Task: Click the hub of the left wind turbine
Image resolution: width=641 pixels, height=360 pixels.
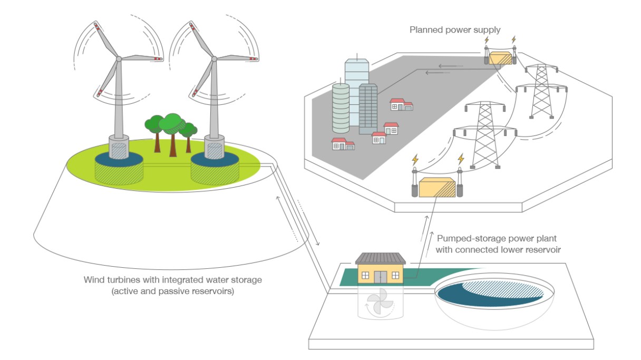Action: (119, 59)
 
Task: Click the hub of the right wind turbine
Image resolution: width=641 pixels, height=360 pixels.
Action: (214, 59)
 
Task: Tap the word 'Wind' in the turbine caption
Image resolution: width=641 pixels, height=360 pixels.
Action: (93, 279)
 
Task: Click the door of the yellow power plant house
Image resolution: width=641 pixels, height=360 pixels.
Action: (380, 277)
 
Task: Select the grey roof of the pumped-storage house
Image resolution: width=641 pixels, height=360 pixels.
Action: (380, 258)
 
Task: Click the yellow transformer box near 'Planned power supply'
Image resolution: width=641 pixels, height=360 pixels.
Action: (500, 59)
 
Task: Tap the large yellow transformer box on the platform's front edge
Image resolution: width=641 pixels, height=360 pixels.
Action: (437, 188)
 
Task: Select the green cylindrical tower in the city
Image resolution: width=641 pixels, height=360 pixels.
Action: (341, 108)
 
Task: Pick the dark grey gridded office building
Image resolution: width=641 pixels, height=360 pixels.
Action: (368, 109)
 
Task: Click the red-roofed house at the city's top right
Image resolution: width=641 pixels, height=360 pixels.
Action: (401, 104)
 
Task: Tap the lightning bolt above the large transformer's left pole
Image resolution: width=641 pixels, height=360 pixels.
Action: (415, 160)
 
